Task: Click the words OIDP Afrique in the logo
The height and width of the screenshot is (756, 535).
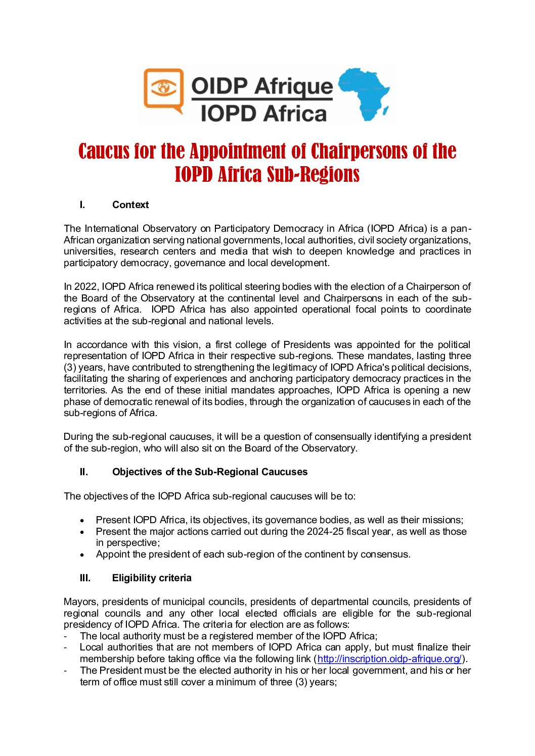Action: (262, 86)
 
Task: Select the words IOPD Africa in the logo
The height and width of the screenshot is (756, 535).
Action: (263, 113)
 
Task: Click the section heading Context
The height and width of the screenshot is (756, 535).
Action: (130, 205)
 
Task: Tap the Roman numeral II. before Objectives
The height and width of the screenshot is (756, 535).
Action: (83, 472)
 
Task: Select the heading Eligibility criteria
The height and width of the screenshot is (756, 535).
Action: (152, 578)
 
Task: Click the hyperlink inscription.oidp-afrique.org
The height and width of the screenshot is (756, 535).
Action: (389, 659)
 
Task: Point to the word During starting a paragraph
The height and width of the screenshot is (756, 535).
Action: (79, 436)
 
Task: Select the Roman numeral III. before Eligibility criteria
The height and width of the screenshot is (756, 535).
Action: (85, 578)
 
